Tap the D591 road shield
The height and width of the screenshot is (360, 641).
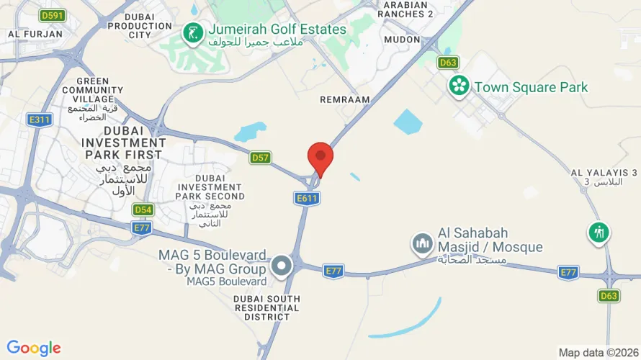pyautogui.click(x=51, y=14)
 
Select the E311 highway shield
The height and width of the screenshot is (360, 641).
pyautogui.click(x=40, y=120)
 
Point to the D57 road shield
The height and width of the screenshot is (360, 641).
pyautogui.click(x=260, y=157)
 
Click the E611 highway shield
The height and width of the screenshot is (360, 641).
pyautogui.click(x=307, y=197)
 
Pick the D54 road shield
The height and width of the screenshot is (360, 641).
pyautogui.click(x=143, y=210)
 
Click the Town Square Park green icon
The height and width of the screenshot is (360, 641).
pyautogui.click(x=458, y=87)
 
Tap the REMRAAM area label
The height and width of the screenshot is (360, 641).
pyautogui.click(x=345, y=99)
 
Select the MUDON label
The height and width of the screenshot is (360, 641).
pyautogui.click(x=402, y=40)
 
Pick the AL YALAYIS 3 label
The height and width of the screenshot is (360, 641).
pyautogui.click(x=604, y=173)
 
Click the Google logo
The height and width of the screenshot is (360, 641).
pyautogui.click(x=34, y=348)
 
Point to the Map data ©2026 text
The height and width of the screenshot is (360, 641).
pyautogui.click(x=596, y=353)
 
